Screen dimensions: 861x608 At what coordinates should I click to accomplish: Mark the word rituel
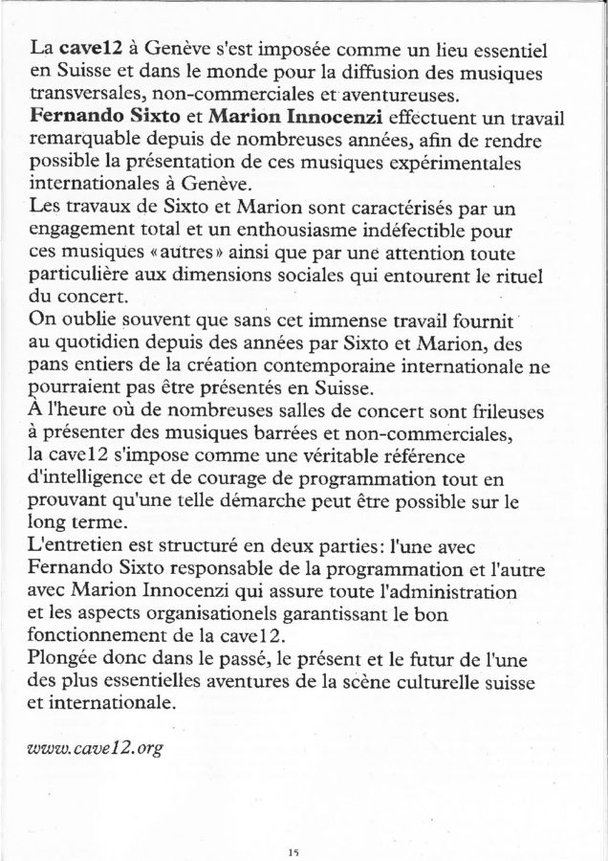[517, 276]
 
